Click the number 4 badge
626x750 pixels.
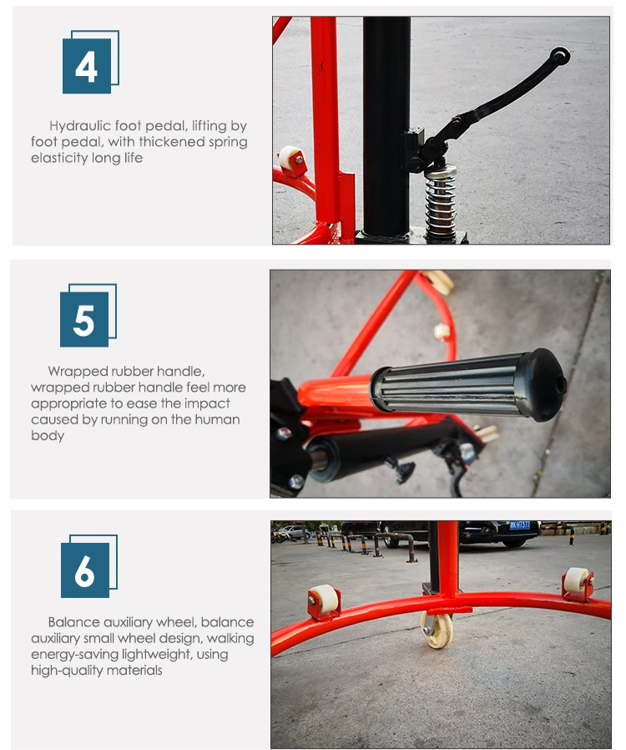coord(90,62)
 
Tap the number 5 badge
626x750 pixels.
coord(88,315)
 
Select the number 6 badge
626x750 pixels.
coord(88,566)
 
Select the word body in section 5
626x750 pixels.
coord(48,436)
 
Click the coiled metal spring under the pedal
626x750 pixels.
coord(440,202)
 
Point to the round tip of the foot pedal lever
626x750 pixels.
coord(559,57)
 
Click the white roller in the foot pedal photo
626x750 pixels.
coord(289,157)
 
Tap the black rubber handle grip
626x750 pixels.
coord(468,384)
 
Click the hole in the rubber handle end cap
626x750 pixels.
coord(562,383)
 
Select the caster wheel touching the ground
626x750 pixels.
coord(437,630)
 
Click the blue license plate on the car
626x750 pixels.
coord(519,525)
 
